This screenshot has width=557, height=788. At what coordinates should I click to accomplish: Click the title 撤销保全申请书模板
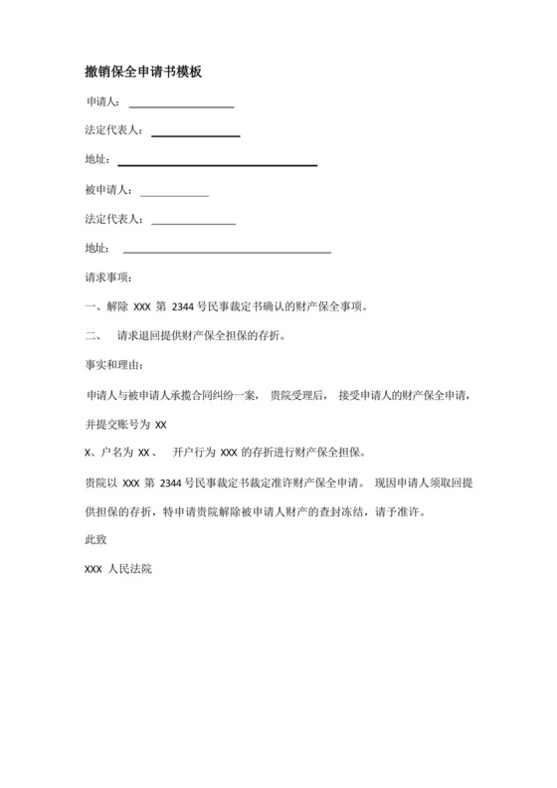145,73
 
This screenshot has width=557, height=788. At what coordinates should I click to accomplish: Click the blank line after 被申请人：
175,194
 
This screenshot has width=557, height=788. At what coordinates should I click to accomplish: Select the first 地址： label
97,160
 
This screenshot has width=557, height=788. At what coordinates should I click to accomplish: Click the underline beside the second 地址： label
226,252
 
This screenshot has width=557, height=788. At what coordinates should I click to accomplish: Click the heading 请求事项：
108,278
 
